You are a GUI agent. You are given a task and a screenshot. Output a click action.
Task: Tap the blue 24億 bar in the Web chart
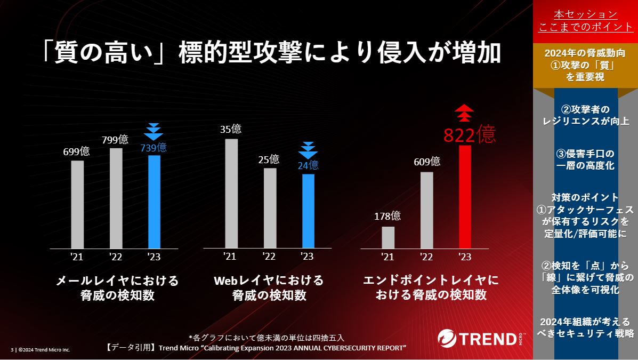[x=308, y=211]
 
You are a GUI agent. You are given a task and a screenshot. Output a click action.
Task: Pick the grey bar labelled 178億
[x=388, y=237]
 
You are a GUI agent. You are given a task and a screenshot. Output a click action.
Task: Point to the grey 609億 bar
[x=426, y=210]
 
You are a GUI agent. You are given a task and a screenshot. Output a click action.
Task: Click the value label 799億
[x=115, y=140]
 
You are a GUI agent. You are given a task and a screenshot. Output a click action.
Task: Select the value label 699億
[x=77, y=151]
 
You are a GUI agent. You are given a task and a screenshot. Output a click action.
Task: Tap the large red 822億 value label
[x=470, y=134]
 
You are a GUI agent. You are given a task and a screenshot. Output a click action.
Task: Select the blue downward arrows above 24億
[x=308, y=149]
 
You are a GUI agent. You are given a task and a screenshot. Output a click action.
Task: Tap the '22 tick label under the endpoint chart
[x=426, y=257]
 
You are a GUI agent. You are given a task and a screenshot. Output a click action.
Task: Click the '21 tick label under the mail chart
[x=77, y=257]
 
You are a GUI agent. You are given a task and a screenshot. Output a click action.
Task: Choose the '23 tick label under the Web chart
[x=307, y=257]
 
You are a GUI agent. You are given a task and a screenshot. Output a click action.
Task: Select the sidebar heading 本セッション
[x=585, y=14]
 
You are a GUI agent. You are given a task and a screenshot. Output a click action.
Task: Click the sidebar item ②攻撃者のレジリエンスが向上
[x=585, y=115]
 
